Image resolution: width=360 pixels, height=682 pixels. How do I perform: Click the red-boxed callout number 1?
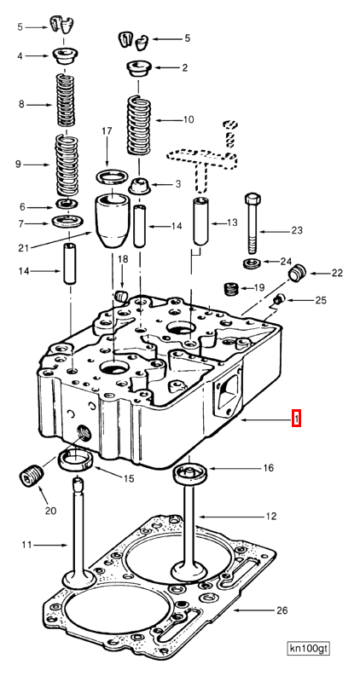click(295, 419)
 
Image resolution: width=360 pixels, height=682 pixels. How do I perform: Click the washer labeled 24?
click(253, 261)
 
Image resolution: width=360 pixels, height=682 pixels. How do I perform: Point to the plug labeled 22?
click(297, 274)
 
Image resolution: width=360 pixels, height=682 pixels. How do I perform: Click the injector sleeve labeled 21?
click(113, 222)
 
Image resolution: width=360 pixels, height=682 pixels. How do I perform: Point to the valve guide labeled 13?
click(201, 222)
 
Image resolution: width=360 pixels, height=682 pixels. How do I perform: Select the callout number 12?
click(270, 517)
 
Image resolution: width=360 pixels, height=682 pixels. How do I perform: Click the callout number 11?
click(26, 545)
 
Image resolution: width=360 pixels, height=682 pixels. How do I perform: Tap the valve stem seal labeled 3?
click(139, 185)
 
